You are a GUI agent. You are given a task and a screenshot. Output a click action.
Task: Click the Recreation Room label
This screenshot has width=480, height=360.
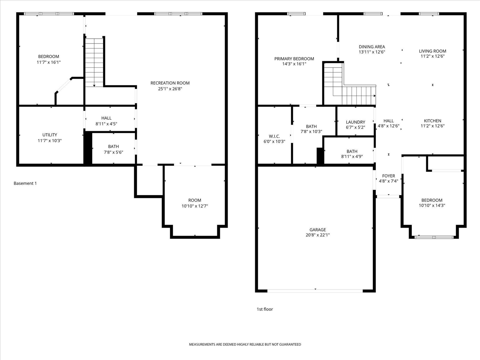click(x=170, y=83)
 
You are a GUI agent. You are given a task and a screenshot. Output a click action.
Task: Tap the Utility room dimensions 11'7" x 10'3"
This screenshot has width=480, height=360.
click(x=49, y=141)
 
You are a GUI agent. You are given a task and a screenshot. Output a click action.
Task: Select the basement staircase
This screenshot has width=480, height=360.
click(x=94, y=62)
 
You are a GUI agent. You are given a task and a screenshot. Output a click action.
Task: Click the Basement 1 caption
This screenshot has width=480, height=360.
click(x=25, y=183)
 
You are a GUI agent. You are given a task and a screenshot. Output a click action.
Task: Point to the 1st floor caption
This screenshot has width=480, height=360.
click(x=265, y=309)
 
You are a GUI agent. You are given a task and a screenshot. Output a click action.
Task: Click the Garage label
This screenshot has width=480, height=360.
click(x=318, y=230)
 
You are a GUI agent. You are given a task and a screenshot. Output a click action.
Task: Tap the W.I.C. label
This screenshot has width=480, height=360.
click(x=274, y=136)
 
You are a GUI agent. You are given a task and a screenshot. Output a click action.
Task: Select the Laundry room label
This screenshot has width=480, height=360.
click(x=355, y=122)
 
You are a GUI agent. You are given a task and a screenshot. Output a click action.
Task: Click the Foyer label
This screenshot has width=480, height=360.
click(x=388, y=176)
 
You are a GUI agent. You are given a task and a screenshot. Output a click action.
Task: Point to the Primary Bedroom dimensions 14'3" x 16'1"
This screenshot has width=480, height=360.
click(x=294, y=64)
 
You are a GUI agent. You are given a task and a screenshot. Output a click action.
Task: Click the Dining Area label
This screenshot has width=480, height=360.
click(x=372, y=47)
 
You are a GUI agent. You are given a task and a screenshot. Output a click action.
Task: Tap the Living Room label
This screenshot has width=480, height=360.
click(x=432, y=51)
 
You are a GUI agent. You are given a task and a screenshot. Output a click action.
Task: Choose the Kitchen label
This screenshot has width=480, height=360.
click(x=432, y=121)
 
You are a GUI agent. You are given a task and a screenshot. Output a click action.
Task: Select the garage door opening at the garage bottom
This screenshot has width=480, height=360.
click(x=315, y=290)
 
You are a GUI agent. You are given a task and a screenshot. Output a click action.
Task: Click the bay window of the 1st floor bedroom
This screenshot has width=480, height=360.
click(x=434, y=237)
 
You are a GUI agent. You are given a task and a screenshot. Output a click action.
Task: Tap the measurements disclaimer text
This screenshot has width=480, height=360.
click(x=245, y=344)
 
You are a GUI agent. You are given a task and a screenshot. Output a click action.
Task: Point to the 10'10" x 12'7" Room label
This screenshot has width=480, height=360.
click(x=195, y=200)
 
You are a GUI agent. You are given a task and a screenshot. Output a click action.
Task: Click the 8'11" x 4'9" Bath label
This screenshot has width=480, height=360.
click(x=352, y=151)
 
